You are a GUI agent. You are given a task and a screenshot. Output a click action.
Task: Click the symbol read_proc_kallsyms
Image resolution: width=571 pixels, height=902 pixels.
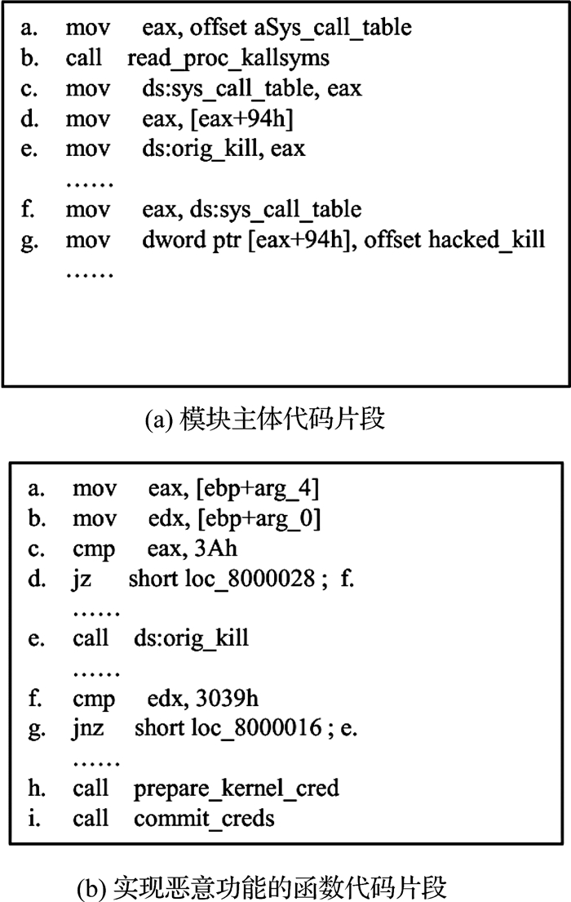pos(228,59)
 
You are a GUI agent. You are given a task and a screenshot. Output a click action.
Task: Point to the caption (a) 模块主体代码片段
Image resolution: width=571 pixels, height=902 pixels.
pos(265,419)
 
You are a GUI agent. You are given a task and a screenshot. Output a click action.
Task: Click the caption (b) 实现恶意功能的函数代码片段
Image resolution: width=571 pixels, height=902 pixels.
pos(262,887)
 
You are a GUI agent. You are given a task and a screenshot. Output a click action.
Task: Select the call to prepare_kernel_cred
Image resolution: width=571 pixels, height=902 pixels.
pos(237,788)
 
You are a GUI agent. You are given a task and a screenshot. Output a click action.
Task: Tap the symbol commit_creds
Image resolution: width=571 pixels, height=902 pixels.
pos(204,819)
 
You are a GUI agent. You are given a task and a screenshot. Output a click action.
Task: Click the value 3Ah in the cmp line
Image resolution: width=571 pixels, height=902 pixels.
pos(215,549)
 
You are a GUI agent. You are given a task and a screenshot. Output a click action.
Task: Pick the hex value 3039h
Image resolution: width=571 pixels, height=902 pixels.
pos(227,699)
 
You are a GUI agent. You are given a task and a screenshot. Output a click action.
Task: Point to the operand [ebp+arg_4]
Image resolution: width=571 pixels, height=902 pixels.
pos(258,489)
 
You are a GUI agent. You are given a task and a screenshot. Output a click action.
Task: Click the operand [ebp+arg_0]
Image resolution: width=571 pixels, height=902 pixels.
pos(259,519)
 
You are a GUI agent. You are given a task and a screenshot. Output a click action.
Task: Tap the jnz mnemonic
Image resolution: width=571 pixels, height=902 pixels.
pos(88,729)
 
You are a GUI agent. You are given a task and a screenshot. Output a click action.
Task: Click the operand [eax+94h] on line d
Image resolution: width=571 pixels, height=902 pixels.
pos(241,119)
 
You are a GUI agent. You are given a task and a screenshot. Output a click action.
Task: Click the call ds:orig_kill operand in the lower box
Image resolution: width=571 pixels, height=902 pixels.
pos(191,638)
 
